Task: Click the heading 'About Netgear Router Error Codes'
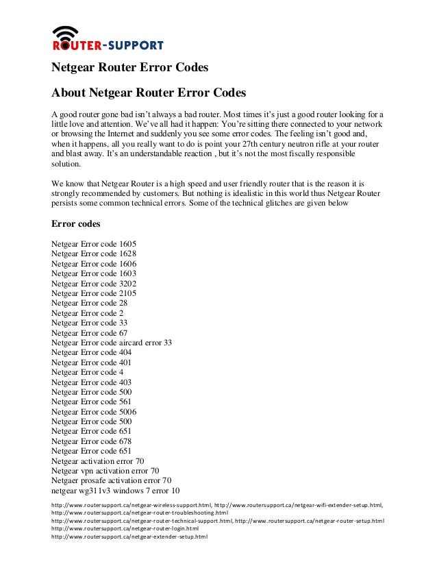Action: tap(149, 92)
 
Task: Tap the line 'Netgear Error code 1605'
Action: tap(94, 243)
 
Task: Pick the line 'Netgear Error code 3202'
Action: tap(94, 283)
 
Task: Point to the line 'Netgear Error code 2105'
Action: tap(94, 293)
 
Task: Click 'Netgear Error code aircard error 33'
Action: tap(112, 342)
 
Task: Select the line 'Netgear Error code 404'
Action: tap(92, 352)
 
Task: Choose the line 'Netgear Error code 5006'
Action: tap(94, 412)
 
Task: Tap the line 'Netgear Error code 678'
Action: tap(92, 441)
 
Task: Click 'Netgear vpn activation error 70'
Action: tap(105, 471)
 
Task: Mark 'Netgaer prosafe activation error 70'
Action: tap(112, 480)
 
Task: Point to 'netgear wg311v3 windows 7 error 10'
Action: tap(116, 491)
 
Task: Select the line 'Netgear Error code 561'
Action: tap(92, 402)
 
